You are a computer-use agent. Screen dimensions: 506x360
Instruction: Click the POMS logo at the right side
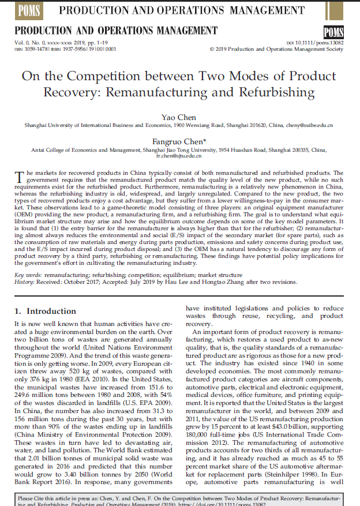pyautogui.click(x=334, y=32)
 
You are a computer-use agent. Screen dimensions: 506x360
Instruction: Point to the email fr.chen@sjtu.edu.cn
pyautogui.click(x=179, y=156)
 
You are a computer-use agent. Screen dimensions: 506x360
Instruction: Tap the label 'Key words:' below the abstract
pyautogui.click(x=27, y=276)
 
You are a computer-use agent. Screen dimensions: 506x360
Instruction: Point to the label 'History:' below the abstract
pyautogui.click(x=25, y=282)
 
